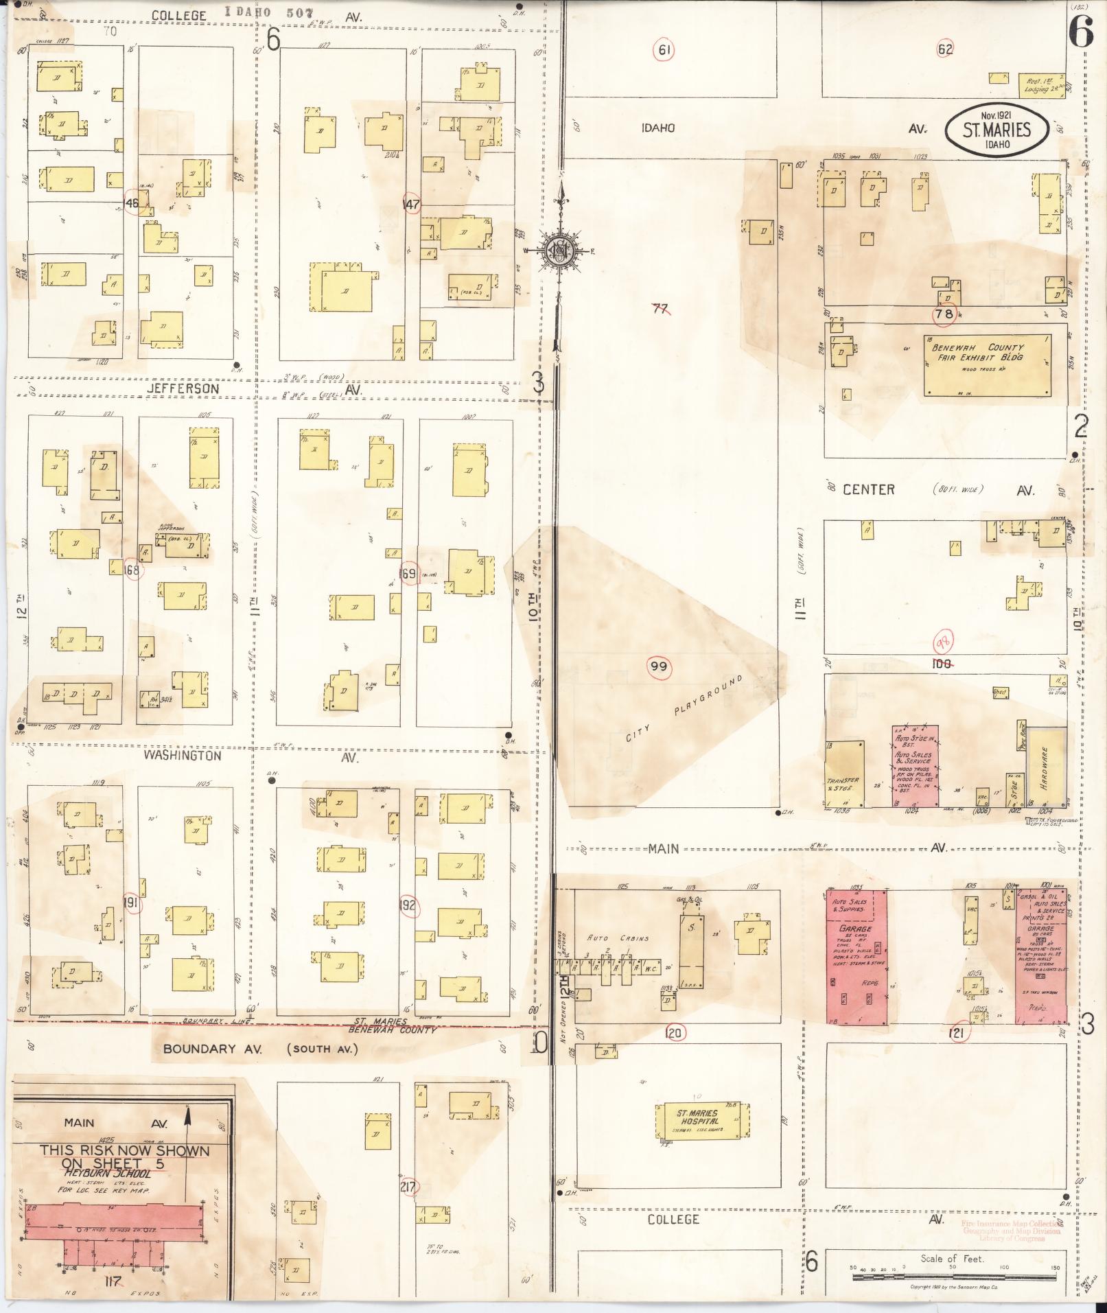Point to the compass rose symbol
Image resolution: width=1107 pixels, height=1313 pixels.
pyautogui.click(x=559, y=251)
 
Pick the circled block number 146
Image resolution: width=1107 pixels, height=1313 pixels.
pyautogui.click(x=130, y=203)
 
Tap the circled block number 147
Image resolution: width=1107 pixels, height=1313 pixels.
pyautogui.click(x=411, y=204)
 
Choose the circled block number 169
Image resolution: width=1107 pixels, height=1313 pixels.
pyautogui.click(x=408, y=574)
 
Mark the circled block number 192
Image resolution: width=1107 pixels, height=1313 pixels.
pyautogui.click(x=408, y=905)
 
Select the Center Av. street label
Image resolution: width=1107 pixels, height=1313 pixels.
pyautogui.click(x=868, y=489)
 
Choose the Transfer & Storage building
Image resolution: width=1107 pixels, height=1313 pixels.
pyautogui.click(x=843, y=774)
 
